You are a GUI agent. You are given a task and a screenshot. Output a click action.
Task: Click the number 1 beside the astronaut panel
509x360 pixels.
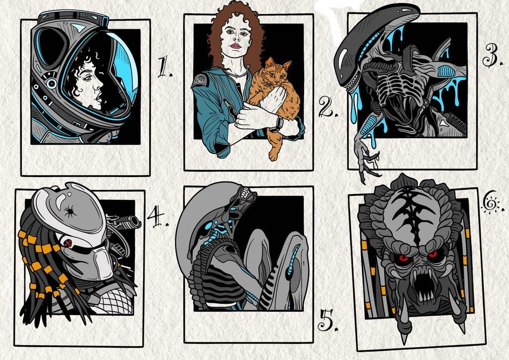pyautogui.click(x=164, y=67)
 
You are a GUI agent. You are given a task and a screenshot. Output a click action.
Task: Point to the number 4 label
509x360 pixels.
pyautogui.click(x=158, y=216)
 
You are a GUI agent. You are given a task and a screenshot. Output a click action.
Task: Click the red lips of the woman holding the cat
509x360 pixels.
pyautogui.click(x=235, y=46)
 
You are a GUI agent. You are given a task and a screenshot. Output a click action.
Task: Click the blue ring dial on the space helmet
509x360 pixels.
pyautogui.click(x=51, y=84)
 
